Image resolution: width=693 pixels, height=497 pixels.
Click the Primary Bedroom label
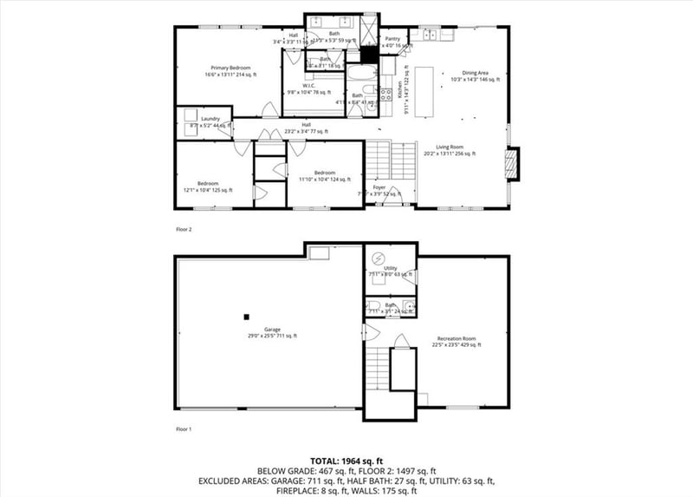(x=228, y=68)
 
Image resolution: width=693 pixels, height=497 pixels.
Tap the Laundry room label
(x=210, y=119)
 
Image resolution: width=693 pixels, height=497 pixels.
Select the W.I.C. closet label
(x=308, y=85)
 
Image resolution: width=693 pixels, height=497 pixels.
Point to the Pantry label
(x=392, y=38)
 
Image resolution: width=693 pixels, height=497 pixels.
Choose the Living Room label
(x=449, y=147)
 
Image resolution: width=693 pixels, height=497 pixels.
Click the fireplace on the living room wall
(x=513, y=164)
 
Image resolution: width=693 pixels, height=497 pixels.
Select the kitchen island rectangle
(x=424, y=91)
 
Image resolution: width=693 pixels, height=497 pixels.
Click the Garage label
(x=272, y=330)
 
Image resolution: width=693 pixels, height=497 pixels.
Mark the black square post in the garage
(x=247, y=317)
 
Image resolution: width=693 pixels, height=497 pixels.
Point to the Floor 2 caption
(x=183, y=230)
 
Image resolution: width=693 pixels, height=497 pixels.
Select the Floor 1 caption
(x=183, y=428)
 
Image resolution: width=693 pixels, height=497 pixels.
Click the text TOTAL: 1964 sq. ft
(x=346, y=461)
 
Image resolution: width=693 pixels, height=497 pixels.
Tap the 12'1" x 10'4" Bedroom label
(x=207, y=186)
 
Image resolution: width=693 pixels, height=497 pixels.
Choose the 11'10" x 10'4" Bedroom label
(x=325, y=173)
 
